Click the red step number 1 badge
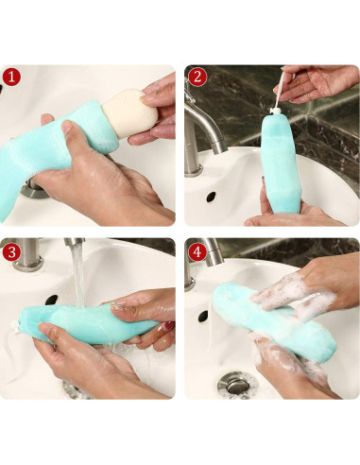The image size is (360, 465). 11,77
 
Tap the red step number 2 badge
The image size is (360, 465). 197,77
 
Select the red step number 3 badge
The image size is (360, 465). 11,252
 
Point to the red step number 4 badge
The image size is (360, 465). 197,252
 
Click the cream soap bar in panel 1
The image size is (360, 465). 132,115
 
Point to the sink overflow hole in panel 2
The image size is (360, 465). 211,197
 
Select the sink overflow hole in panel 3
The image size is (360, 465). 51,300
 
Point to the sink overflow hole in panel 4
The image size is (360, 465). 203,316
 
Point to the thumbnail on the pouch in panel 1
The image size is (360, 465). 67,127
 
